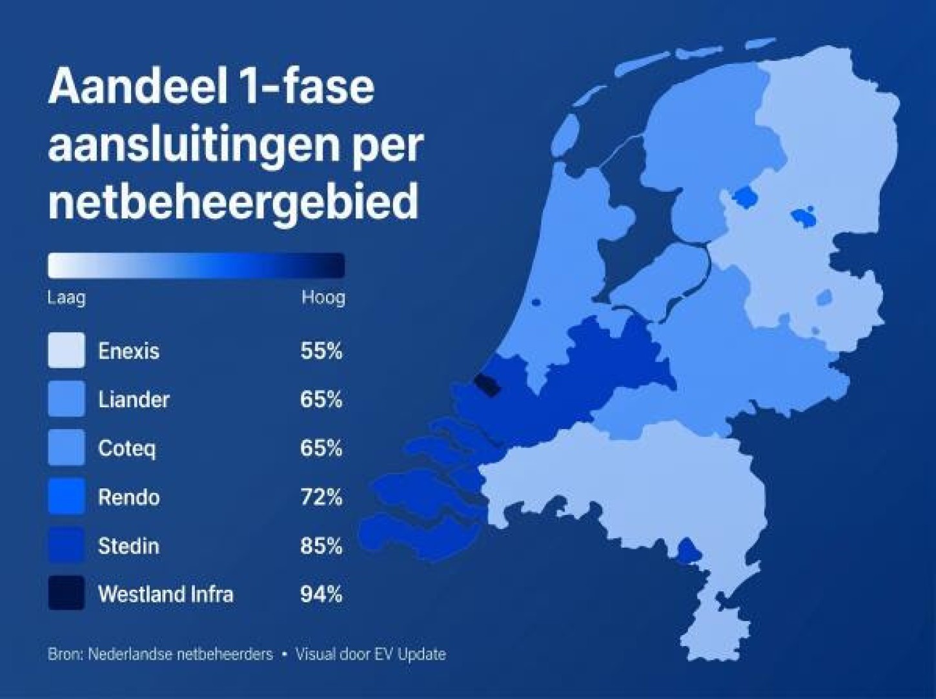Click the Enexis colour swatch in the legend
click(x=66, y=350)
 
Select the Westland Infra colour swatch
click(x=66, y=593)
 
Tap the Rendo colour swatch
click(x=66, y=496)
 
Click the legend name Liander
click(x=134, y=399)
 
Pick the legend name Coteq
click(x=127, y=448)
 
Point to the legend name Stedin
click(x=128, y=545)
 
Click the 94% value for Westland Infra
click(x=321, y=594)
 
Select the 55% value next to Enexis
click(x=321, y=351)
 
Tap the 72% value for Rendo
click(x=321, y=497)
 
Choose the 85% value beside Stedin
click(x=321, y=545)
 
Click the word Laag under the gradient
click(x=66, y=298)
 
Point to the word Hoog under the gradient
click(x=323, y=298)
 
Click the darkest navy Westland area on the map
click(x=487, y=385)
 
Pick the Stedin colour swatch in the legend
click(x=66, y=545)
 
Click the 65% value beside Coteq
click(x=321, y=448)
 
